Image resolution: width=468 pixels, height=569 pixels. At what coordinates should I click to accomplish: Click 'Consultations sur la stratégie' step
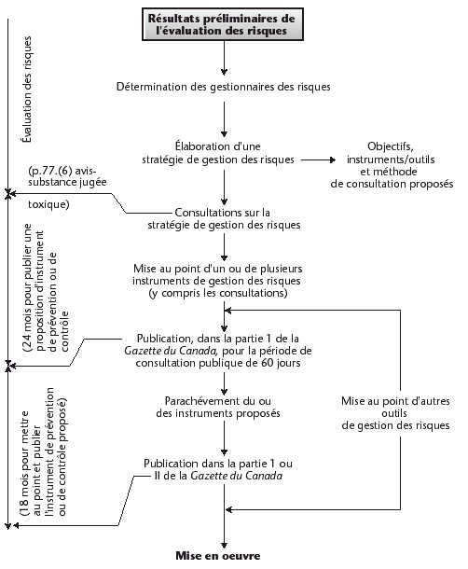point(224,218)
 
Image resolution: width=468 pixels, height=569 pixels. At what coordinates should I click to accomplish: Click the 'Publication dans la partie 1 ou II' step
point(224,469)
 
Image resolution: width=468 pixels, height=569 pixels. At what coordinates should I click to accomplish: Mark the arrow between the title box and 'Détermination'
point(224,59)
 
